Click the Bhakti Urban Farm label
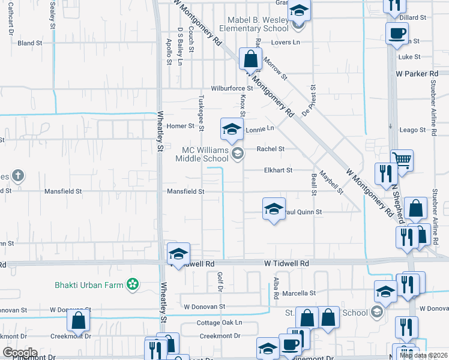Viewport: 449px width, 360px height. (89, 284)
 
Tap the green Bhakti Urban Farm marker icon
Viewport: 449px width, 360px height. (133, 284)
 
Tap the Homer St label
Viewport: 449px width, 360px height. (181, 126)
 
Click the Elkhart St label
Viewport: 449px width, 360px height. (278, 170)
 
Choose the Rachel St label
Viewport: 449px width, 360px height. (270, 149)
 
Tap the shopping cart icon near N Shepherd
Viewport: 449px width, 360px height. (402, 160)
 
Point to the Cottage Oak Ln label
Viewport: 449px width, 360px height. (220, 322)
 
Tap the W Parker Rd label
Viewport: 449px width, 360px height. (417, 74)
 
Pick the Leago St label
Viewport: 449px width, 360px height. (412, 130)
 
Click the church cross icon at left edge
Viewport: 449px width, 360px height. (19, 175)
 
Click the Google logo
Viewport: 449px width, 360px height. (20, 353)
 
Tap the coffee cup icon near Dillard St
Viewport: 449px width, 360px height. (396, 34)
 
